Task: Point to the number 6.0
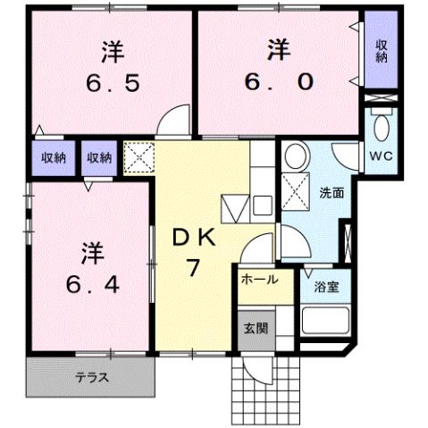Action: (x=279, y=82)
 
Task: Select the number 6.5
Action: (x=113, y=85)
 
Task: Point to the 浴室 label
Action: (x=325, y=288)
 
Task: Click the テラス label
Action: (x=91, y=377)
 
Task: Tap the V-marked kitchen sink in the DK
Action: (x=233, y=207)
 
